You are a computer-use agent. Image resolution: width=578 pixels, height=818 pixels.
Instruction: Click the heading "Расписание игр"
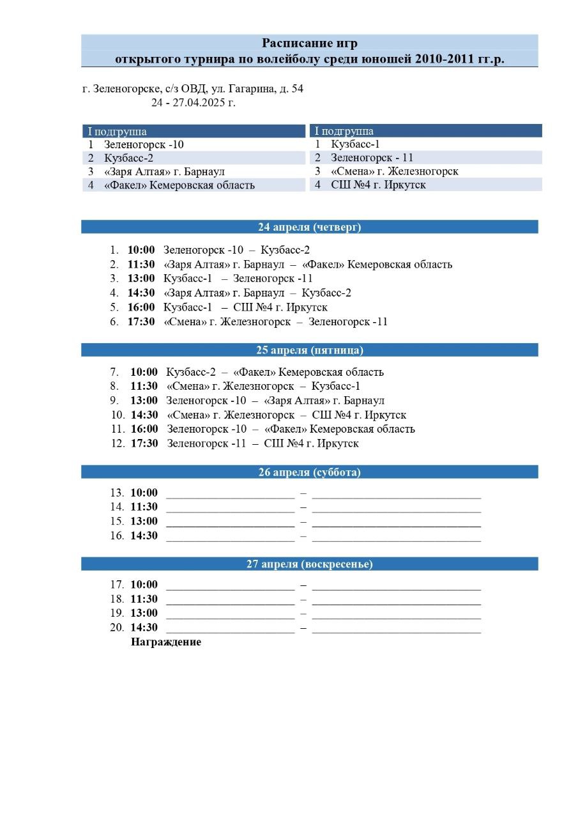(310, 43)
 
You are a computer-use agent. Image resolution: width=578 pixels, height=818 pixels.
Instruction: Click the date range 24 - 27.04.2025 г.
(194, 102)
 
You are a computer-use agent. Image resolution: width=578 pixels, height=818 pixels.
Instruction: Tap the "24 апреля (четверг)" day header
(310, 227)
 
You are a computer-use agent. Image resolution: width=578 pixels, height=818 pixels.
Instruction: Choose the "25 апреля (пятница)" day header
(310, 350)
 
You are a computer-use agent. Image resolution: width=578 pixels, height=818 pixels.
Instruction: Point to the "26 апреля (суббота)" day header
(310, 472)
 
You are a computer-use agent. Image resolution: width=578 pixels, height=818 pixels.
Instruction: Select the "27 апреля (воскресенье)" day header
(310, 564)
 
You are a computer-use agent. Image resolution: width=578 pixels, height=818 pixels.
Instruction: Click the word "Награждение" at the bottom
(166, 642)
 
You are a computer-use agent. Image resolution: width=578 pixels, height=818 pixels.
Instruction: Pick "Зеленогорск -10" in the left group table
(144, 144)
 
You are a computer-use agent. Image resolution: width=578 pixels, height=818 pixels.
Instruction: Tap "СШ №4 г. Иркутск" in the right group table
(378, 185)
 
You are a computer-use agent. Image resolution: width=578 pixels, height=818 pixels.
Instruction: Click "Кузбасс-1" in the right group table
(355, 144)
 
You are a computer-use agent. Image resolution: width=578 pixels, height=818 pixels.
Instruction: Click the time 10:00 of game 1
(141, 251)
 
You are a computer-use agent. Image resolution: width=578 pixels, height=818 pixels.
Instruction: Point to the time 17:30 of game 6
(141, 322)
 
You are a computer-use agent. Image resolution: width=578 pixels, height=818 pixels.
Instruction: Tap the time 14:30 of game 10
(144, 415)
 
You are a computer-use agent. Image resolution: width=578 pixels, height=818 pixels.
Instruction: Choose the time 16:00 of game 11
(144, 429)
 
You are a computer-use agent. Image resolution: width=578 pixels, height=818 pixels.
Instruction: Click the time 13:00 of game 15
(144, 521)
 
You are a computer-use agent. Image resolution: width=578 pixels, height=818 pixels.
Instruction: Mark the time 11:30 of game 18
(144, 599)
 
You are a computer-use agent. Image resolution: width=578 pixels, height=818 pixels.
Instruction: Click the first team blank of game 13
(230, 493)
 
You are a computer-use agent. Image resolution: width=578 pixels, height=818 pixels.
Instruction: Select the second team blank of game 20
(396, 628)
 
